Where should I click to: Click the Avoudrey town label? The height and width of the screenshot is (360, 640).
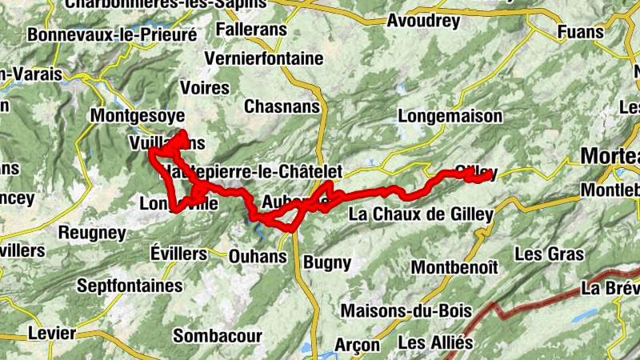click(423, 22)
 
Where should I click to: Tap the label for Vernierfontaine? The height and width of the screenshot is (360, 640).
click(264, 58)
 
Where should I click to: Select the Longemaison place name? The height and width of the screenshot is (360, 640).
click(450, 116)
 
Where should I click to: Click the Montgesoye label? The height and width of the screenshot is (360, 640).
click(138, 114)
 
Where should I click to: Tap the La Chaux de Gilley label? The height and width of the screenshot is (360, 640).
click(421, 214)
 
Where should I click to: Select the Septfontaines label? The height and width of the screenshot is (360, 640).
click(130, 286)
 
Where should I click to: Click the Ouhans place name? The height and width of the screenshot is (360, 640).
click(258, 257)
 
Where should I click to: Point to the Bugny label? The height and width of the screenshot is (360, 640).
click(327, 262)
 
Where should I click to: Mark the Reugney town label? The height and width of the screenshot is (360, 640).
click(93, 233)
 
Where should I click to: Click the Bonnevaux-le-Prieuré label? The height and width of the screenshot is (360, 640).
click(112, 35)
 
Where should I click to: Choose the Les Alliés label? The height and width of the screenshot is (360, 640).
click(435, 342)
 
